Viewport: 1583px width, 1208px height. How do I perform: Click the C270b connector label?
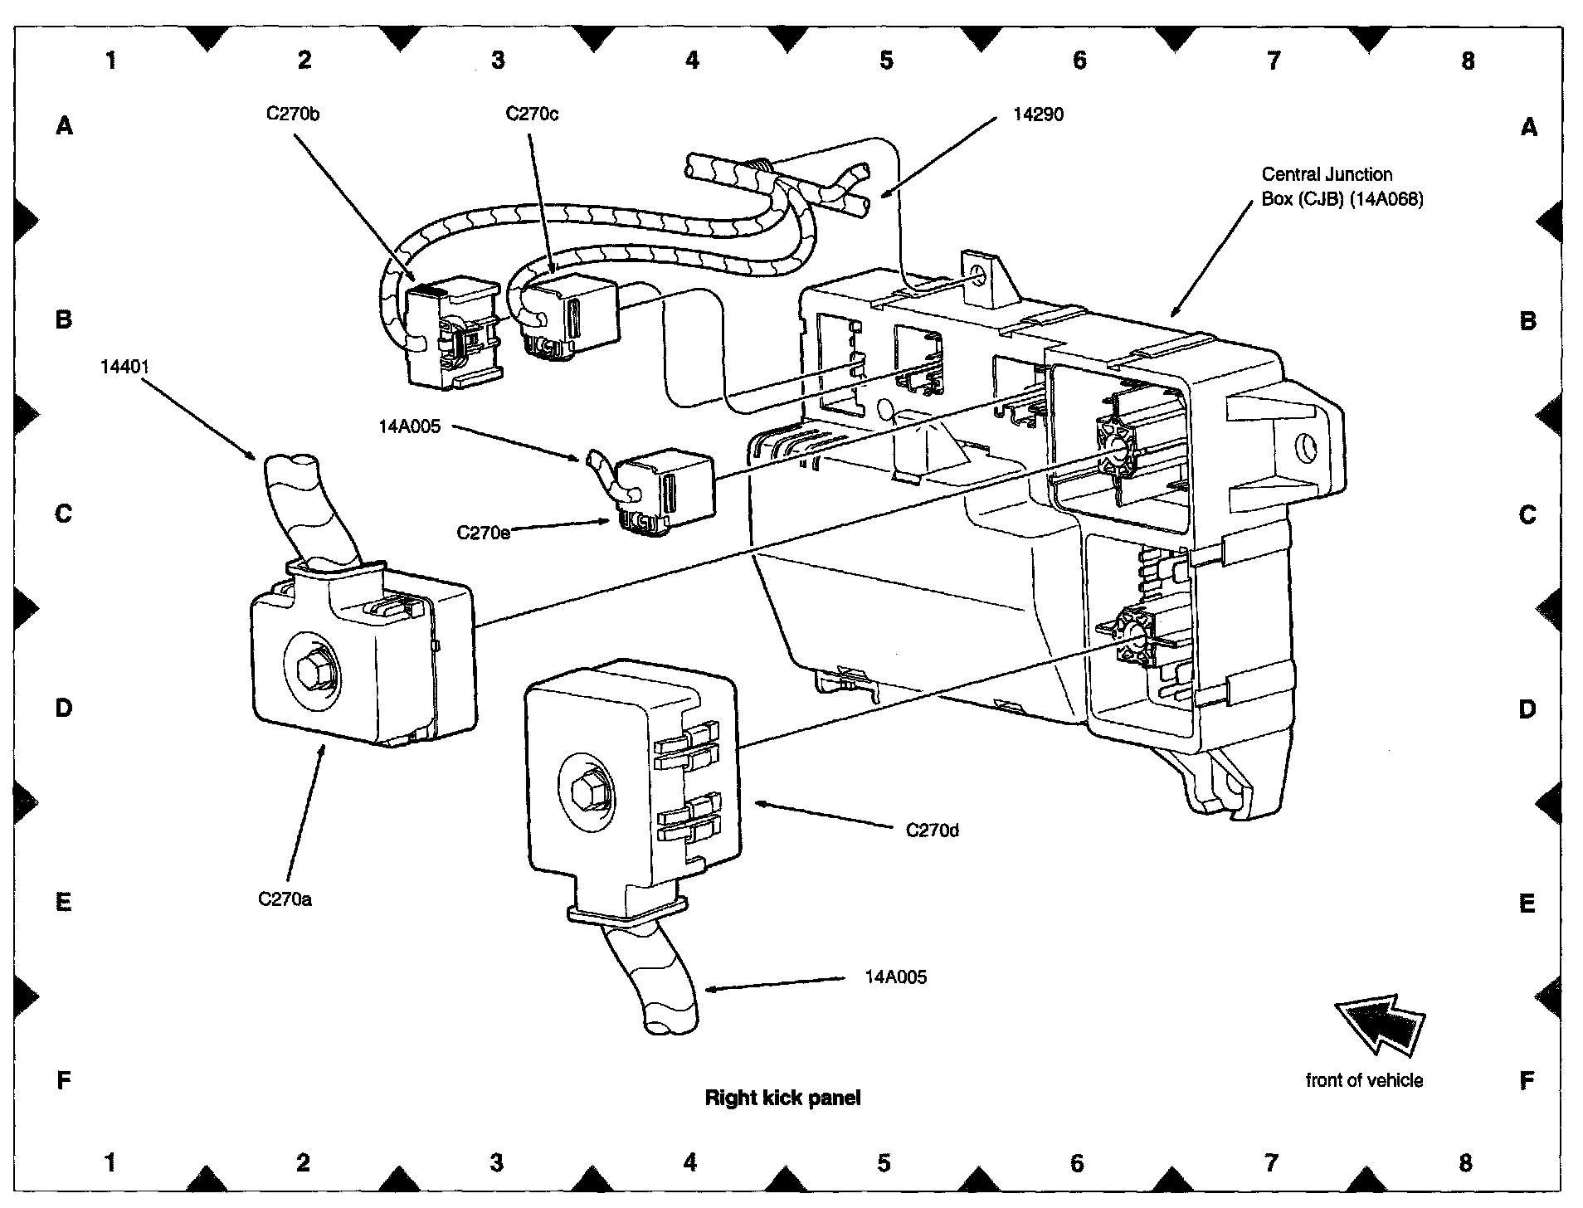tap(292, 114)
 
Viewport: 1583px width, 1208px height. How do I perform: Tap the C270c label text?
tap(532, 114)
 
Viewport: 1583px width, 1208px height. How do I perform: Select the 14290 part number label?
tap(1038, 114)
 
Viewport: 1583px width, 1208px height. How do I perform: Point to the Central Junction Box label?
tap(1342, 187)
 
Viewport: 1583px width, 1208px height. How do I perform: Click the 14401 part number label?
tap(125, 366)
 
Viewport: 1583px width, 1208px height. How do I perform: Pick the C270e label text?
tap(483, 532)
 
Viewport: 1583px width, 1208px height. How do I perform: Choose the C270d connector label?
tap(932, 830)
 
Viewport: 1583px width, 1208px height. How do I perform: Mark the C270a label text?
tap(285, 899)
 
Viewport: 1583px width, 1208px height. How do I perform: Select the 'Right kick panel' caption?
tap(782, 1098)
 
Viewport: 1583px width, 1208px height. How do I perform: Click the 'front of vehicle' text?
tap(1364, 1080)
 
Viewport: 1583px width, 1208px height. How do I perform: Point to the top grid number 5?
tap(886, 60)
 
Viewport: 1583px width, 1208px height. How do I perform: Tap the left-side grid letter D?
tap(64, 708)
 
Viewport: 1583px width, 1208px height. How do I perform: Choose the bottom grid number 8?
tap(1465, 1162)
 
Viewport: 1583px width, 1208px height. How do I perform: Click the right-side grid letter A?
tap(1528, 127)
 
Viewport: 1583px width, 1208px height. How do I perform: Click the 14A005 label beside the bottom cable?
tap(895, 977)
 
